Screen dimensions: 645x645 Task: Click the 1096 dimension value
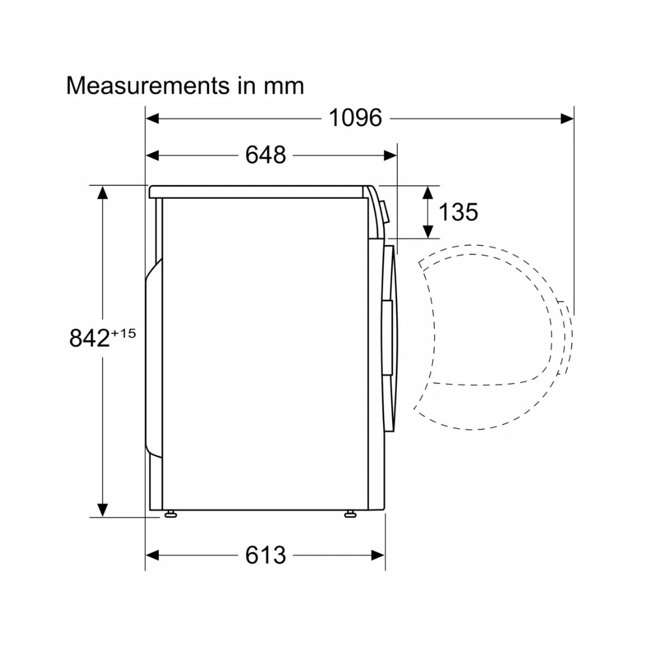[x=355, y=118]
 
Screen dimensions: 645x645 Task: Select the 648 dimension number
[x=265, y=155]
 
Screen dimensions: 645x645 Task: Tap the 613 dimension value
[x=265, y=555]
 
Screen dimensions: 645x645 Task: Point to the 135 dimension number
[x=458, y=212]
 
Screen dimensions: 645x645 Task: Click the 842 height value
[x=90, y=338]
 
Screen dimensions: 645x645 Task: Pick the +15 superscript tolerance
[x=123, y=333]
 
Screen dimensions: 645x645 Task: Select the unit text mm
[x=284, y=87]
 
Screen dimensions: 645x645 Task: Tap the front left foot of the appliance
[x=350, y=514]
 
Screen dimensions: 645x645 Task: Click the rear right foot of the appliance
[x=170, y=514]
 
